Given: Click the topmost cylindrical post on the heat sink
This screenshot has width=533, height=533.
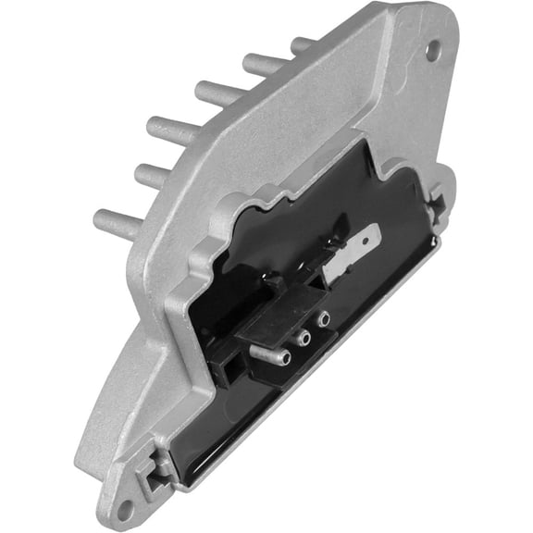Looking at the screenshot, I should point(303,43).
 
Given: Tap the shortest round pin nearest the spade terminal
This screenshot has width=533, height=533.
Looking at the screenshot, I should point(324,319).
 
